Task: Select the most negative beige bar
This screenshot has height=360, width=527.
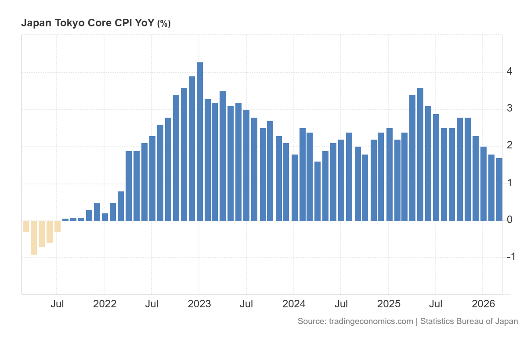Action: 34,238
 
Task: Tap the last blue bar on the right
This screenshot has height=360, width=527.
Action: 499,190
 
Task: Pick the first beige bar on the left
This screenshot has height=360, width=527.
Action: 26,226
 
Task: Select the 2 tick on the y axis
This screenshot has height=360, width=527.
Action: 509,145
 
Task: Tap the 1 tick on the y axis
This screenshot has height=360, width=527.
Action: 509,183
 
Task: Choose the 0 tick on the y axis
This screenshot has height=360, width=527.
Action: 509,220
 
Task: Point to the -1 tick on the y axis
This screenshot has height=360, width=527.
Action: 510,257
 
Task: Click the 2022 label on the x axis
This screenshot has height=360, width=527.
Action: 105,304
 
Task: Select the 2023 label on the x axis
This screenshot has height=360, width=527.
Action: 199,304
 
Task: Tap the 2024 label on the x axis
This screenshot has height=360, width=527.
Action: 294,304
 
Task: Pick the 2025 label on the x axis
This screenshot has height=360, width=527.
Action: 389,304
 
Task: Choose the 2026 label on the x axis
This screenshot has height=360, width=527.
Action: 483,304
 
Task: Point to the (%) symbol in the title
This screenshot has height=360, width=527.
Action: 164,24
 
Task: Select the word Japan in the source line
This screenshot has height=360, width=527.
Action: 506,321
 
